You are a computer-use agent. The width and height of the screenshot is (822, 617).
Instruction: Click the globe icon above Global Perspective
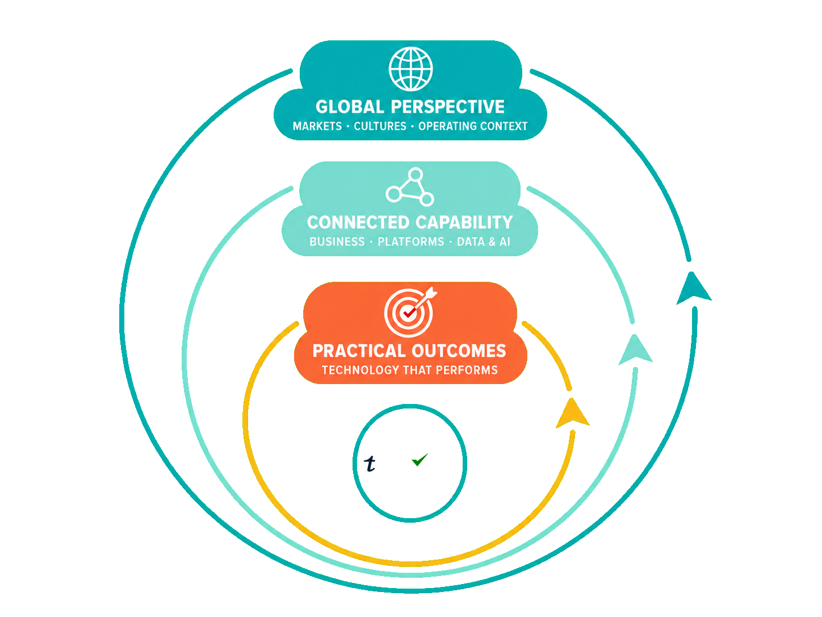(410, 69)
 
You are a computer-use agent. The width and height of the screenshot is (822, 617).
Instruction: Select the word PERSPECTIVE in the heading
(448, 107)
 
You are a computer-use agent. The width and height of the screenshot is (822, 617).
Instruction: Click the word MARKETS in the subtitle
(317, 126)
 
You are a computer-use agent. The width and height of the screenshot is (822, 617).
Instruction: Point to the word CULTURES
(380, 126)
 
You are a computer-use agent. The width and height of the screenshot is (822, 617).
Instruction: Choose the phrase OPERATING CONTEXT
(473, 126)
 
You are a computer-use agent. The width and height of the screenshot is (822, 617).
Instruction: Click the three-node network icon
(410, 187)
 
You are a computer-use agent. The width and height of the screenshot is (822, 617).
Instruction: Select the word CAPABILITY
(464, 222)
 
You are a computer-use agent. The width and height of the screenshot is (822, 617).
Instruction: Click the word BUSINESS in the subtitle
(337, 241)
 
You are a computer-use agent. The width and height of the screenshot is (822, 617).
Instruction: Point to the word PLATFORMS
(411, 241)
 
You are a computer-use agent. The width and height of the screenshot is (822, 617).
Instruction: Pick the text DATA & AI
(484, 241)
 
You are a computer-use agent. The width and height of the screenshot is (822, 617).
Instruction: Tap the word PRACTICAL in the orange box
(359, 351)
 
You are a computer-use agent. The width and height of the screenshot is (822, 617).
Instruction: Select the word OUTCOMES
(459, 351)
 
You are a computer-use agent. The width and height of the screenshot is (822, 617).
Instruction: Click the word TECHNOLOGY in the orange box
(360, 370)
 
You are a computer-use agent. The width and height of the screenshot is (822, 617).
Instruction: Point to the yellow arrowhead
(573, 413)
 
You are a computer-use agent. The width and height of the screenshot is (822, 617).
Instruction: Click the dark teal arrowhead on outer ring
(694, 288)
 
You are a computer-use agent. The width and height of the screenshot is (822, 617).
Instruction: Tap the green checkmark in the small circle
(420, 460)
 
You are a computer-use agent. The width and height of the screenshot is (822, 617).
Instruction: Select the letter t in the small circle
(370, 464)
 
